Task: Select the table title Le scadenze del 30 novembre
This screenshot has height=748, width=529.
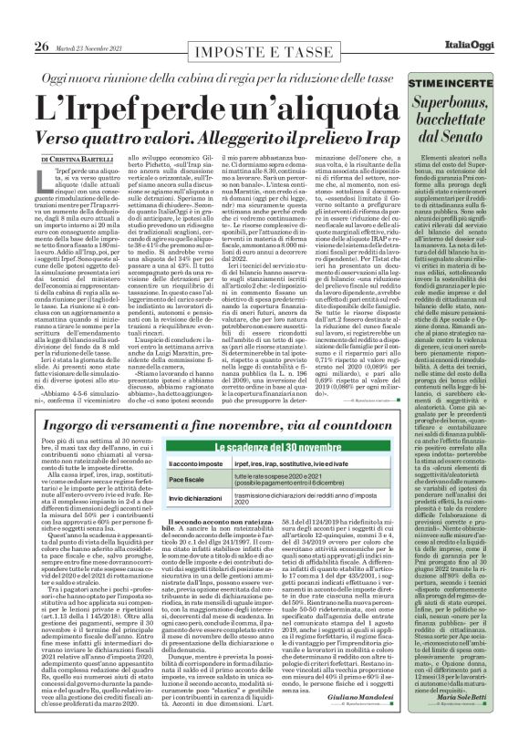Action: point(274,449)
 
